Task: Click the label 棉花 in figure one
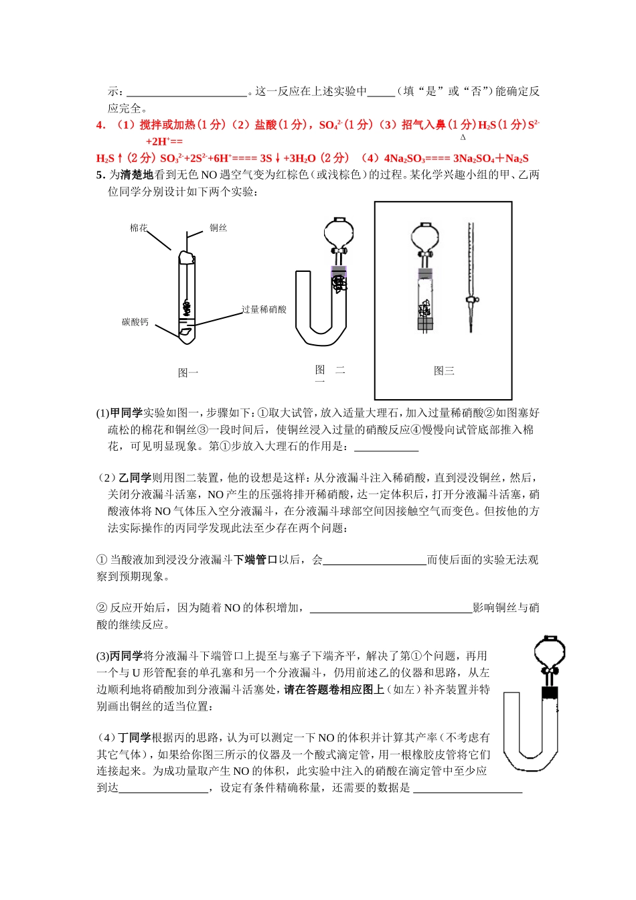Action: tap(139, 228)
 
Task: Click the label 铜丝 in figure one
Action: tap(218, 228)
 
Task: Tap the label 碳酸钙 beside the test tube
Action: tap(135, 322)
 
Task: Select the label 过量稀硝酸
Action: tap(264, 309)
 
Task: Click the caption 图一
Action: tap(188, 373)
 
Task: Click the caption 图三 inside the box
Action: tap(444, 371)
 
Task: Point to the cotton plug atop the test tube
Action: tap(186, 256)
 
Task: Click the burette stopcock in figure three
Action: tap(471, 299)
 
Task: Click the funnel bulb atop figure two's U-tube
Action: tap(339, 232)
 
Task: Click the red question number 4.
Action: tap(100, 125)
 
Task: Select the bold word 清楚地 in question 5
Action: tap(137, 175)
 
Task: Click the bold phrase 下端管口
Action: tap(255, 560)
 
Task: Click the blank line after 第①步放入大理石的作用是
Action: tap(386, 447)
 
